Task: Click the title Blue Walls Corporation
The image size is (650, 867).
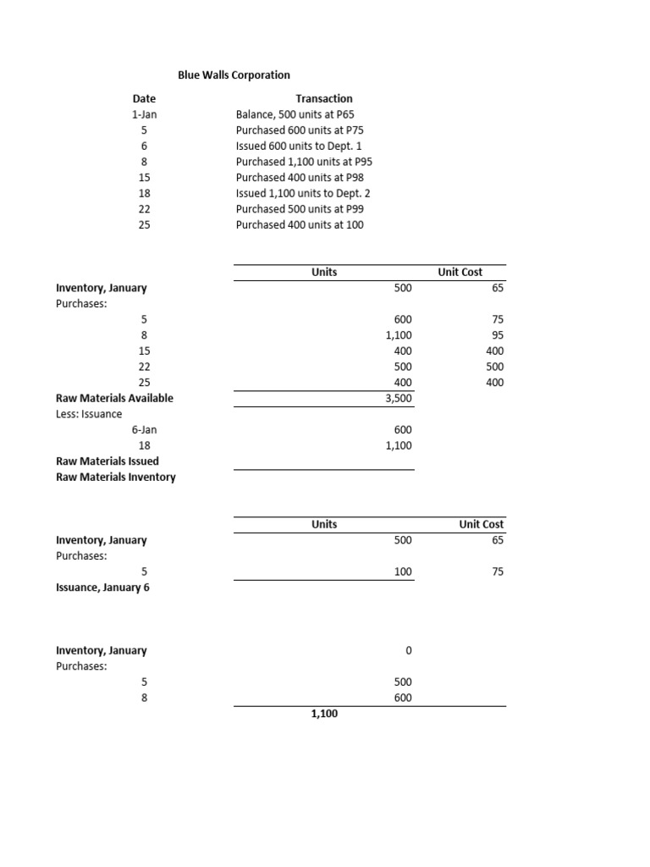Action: (234, 75)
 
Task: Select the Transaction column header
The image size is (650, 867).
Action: (323, 99)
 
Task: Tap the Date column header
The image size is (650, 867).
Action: (144, 99)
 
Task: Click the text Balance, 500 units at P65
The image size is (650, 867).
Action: (301, 114)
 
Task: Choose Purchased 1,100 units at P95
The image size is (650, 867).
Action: (304, 162)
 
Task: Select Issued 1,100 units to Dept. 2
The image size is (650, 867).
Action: (303, 193)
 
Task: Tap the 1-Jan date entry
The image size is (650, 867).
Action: (144, 114)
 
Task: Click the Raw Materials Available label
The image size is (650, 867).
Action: (114, 398)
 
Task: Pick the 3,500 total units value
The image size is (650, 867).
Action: (399, 398)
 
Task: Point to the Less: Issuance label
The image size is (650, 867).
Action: (89, 414)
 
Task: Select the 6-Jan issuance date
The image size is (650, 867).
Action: (144, 430)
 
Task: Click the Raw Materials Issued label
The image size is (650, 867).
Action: (107, 461)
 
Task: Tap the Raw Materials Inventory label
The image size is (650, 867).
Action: (116, 478)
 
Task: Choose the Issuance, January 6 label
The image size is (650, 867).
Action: (102, 588)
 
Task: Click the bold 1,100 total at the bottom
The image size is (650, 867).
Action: (323, 715)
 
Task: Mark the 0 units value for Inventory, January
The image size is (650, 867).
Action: (408, 651)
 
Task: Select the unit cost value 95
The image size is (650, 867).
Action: (497, 335)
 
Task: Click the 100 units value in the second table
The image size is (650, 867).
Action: (403, 572)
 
